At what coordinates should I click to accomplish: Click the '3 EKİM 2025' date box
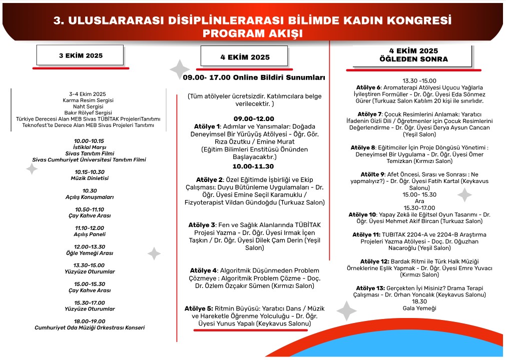click(x=81, y=55)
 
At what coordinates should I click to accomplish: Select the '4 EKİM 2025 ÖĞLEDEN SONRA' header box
click(x=413, y=55)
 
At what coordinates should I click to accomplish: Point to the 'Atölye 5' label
click(x=198, y=308)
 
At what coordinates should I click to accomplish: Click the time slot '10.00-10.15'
click(x=89, y=141)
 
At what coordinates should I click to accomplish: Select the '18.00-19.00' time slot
click(x=89, y=321)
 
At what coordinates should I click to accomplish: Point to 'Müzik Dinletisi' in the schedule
click(x=89, y=178)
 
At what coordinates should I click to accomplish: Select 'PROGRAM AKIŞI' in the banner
click(x=253, y=33)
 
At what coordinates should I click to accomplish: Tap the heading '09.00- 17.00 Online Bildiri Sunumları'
click(x=254, y=77)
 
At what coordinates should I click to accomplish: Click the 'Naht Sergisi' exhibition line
click(x=88, y=106)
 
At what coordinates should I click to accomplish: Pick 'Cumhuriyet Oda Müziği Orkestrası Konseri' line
click(x=89, y=328)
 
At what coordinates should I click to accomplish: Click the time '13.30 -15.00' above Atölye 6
click(x=419, y=80)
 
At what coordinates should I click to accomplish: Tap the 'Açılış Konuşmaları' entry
click(x=89, y=197)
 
